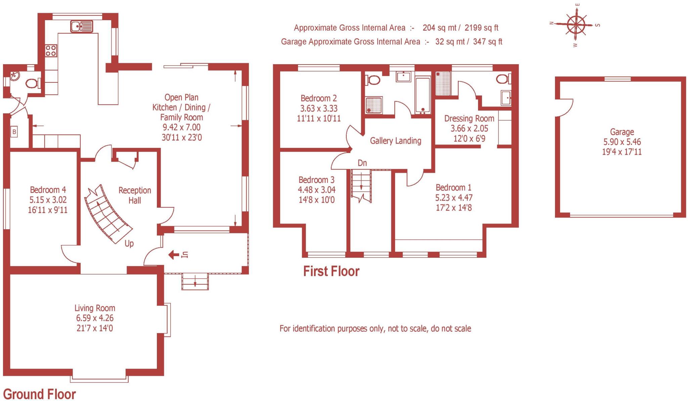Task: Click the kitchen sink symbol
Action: tap(81, 26)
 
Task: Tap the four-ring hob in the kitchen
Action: tap(51, 50)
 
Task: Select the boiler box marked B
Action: tap(14, 132)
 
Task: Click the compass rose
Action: tap(576, 25)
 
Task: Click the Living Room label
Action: tap(95, 308)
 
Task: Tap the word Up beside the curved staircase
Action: tap(129, 243)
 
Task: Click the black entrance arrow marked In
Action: tap(174, 255)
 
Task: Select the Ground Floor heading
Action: tap(39, 394)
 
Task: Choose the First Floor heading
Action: tap(331, 271)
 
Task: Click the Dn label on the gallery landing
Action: tap(362, 163)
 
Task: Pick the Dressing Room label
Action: tap(469, 118)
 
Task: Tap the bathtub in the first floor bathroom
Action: tap(423, 95)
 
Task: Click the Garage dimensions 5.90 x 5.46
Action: tap(622, 142)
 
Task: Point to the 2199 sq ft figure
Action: tap(481, 28)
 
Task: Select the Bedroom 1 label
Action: tap(454, 187)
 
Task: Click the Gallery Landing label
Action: tap(395, 141)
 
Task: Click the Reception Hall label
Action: tap(135, 195)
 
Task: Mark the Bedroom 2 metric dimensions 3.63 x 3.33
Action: tap(318, 108)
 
